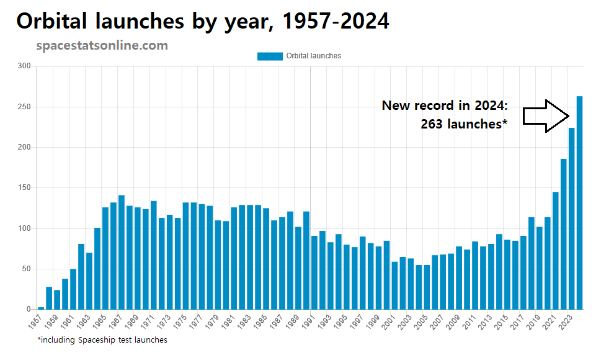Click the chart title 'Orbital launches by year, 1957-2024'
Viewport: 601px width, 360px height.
click(x=203, y=21)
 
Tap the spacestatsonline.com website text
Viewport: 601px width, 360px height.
click(x=102, y=46)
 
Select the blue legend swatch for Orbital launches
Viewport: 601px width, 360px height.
click(x=269, y=56)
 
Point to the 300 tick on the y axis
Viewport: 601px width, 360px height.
click(x=24, y=66)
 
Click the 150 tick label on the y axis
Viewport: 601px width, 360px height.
click(x=24, y=188)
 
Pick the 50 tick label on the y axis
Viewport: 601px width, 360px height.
click(x=26, y=269)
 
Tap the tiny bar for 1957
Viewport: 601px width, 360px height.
click(x=41, y=308)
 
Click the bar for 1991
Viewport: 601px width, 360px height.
click(x=314, y=272)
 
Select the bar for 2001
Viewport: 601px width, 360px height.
click(x=394, y=286)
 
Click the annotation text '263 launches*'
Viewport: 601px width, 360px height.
click(x=464, y=124)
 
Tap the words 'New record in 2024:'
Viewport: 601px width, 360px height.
click(x=444, y=106)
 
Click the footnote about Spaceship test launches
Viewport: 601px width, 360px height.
click(x=102, y=340)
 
